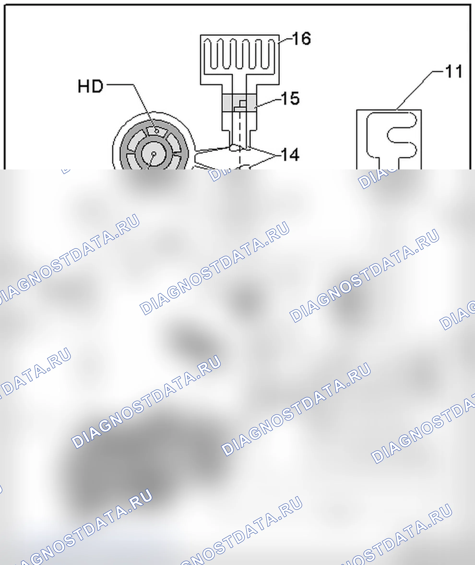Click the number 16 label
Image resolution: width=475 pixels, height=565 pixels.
pos(302,39)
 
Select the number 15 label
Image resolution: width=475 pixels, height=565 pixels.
pos(290,98)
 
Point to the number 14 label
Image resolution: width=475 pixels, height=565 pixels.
pos(290,154)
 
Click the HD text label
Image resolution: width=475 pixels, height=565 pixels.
pos(90,86)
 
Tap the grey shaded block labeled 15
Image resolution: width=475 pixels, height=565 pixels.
pos(239,103)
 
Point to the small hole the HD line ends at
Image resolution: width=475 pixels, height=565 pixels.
pos(156,131)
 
